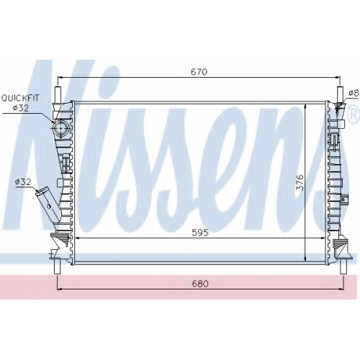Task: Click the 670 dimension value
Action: pos(199,72)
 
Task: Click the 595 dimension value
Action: pos(200,233)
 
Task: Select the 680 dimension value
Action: pos(200,284)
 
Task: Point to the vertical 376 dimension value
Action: pos(300,183)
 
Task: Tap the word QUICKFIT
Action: pos(20,98)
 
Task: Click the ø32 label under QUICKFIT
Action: pos(21,108)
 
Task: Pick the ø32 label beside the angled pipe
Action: pos(23,182)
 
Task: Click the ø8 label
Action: pos(354,93)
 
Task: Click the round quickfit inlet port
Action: pos(60,128)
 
